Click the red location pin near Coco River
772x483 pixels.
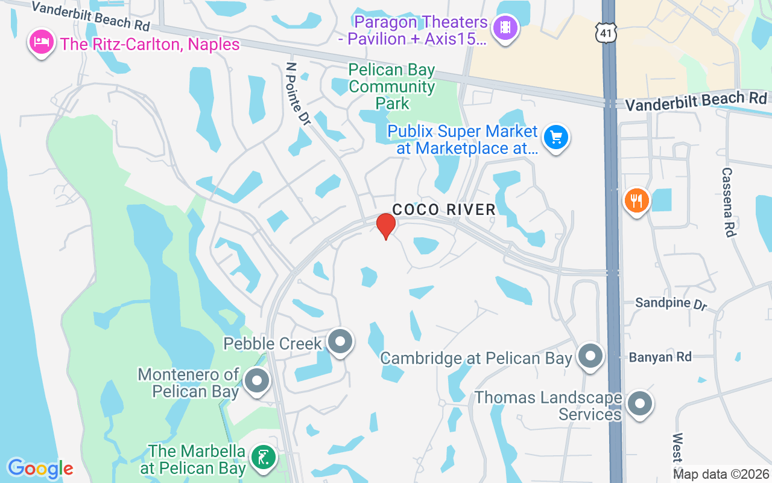pyautogui.click(x=386, y=226)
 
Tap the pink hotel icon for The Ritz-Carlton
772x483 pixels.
pyautogui.click(x=41, y=43)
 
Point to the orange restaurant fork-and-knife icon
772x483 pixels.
pyautogui.click(x=636, y=199)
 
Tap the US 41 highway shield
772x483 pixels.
pyautogui.click(x=606, y=34)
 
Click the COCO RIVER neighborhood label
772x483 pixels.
pyautogui.click(x=444, y=210)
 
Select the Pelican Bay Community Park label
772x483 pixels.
pyautogui.click(x=391, y=87)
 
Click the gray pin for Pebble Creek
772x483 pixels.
pyautogui.click(x=340, y=341)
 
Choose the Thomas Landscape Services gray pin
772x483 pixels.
pyautogui.click(x=640, y=403)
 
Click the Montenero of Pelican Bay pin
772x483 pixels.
pyautogui.click(x=258, y=381)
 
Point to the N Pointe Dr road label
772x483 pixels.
pyautogui.click(x=298, y=94)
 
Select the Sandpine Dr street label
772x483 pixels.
pyautogui.click(x=671, y=302)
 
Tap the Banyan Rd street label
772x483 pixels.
pyautogui.click(x=660, y=357)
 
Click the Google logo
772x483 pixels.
pyautogui.click(x=40, y=469)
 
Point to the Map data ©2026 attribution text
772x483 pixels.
pyautogui.click(x=721, y=475)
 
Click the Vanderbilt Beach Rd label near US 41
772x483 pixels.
pyautogui.click(x=695, y=101)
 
